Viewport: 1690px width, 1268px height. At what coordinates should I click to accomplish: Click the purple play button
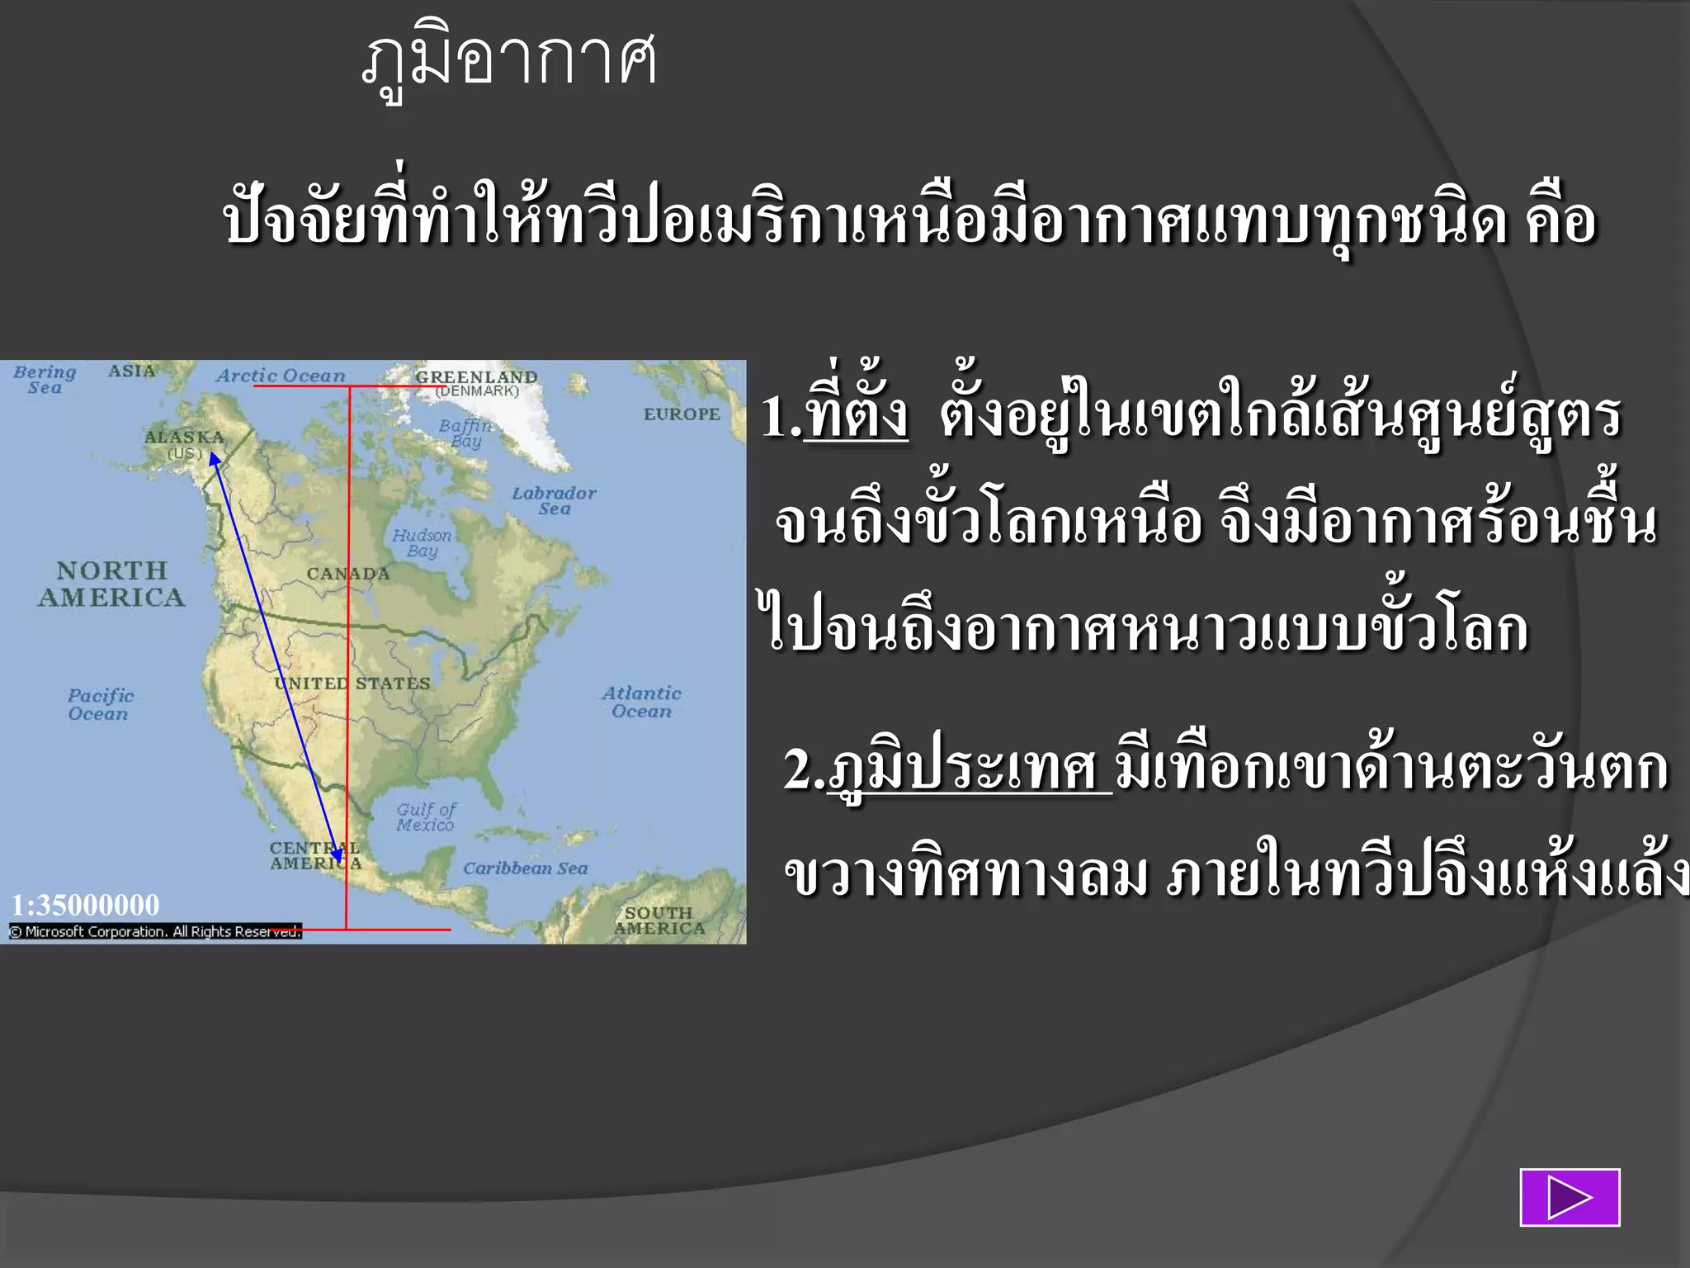pos(1570,1197)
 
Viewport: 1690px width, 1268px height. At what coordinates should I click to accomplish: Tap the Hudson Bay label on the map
pos(422,543)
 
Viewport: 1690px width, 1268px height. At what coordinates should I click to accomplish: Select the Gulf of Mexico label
pos(425,817)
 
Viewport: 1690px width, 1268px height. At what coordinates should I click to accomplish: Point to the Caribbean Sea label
pos(525,868)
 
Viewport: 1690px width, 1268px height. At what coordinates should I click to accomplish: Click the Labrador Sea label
pos(554,500)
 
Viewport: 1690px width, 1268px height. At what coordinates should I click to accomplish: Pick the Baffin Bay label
pos(465,433)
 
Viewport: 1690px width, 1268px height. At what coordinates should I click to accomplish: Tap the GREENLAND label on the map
pos(476,377)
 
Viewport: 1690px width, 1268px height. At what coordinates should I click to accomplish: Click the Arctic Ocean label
pos(281,376)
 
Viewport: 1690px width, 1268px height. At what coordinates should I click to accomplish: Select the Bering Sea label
pos(45,380)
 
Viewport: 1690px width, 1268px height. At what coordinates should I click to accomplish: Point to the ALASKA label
pos(184,438)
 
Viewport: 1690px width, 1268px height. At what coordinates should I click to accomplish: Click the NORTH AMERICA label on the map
pos(111,584)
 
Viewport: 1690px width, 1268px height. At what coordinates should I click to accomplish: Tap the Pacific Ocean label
pos(100,704)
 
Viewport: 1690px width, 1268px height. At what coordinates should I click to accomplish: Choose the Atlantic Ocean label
pos(641,702)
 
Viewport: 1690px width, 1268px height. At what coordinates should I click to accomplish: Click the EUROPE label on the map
pos(682,414)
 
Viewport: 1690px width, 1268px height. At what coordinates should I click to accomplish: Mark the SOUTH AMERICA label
pos(659,920)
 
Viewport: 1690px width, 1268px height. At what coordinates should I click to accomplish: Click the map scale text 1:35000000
pos(85,906)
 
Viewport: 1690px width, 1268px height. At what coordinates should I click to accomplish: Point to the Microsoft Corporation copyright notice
pos(155,931)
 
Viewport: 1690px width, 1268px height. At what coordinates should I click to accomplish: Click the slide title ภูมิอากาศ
pos(509,62)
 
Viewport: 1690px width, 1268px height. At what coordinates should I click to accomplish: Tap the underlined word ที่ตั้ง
pos(856,415)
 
